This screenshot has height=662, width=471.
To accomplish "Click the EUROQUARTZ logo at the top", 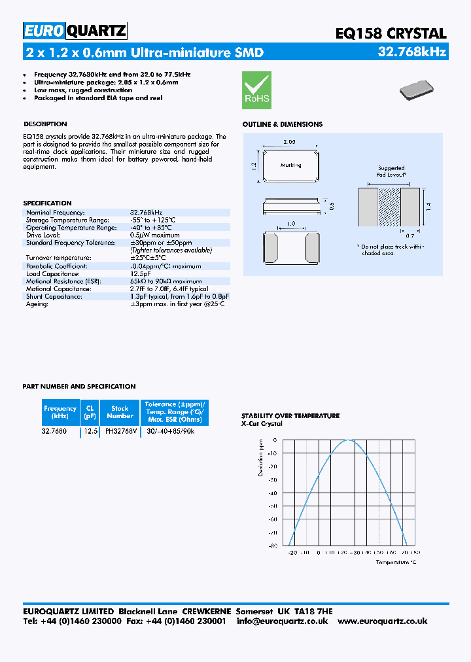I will (x=75, y=31).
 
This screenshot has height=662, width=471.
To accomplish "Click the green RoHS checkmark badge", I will (x=256, y=90).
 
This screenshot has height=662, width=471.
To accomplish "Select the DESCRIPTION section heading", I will (x=45, y=124).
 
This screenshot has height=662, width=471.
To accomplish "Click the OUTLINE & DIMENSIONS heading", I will (x=282, y=124).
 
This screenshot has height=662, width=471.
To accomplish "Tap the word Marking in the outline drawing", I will (x=290, y=165).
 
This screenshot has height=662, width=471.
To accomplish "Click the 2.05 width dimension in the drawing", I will (x=290, y=142).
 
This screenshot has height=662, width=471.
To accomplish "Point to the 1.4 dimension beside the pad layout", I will (x=428, y=207).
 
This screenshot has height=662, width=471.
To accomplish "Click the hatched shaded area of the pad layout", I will (x=390, y=207).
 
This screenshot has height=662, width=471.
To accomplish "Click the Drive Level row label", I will (x=43, y=235).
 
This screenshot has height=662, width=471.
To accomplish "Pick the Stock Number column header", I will (x=120, y=412).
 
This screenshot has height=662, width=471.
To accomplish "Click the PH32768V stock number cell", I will (x=120, y=431).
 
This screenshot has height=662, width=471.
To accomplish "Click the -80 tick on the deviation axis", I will (x=272, y=545).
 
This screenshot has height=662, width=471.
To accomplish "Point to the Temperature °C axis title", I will (x=395, y=562).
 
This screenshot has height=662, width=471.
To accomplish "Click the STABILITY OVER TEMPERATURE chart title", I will (x=290, y=415).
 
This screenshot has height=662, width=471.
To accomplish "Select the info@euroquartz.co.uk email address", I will (x=282, y=621).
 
